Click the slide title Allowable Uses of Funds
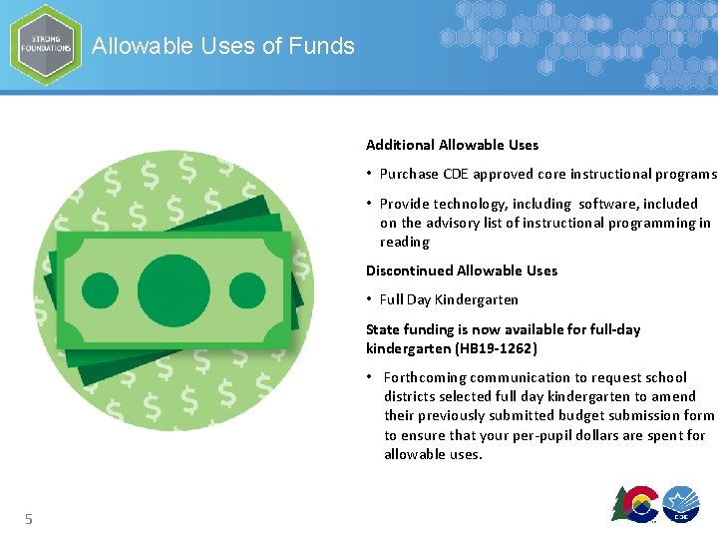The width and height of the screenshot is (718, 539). click(222, 46)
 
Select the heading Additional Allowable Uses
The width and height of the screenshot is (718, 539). click(452, 145)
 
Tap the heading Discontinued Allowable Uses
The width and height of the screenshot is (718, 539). click(462, 270)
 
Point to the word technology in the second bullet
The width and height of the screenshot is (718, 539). click(472, 204)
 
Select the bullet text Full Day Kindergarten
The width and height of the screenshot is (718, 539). click(449, 299)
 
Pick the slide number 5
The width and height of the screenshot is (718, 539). click(29, 518)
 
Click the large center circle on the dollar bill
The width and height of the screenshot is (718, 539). click(174, 290)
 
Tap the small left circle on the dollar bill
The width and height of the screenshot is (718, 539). click(99, 290)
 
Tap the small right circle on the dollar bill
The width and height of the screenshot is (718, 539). click(247, 290)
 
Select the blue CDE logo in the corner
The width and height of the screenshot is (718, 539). click(681, 504)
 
